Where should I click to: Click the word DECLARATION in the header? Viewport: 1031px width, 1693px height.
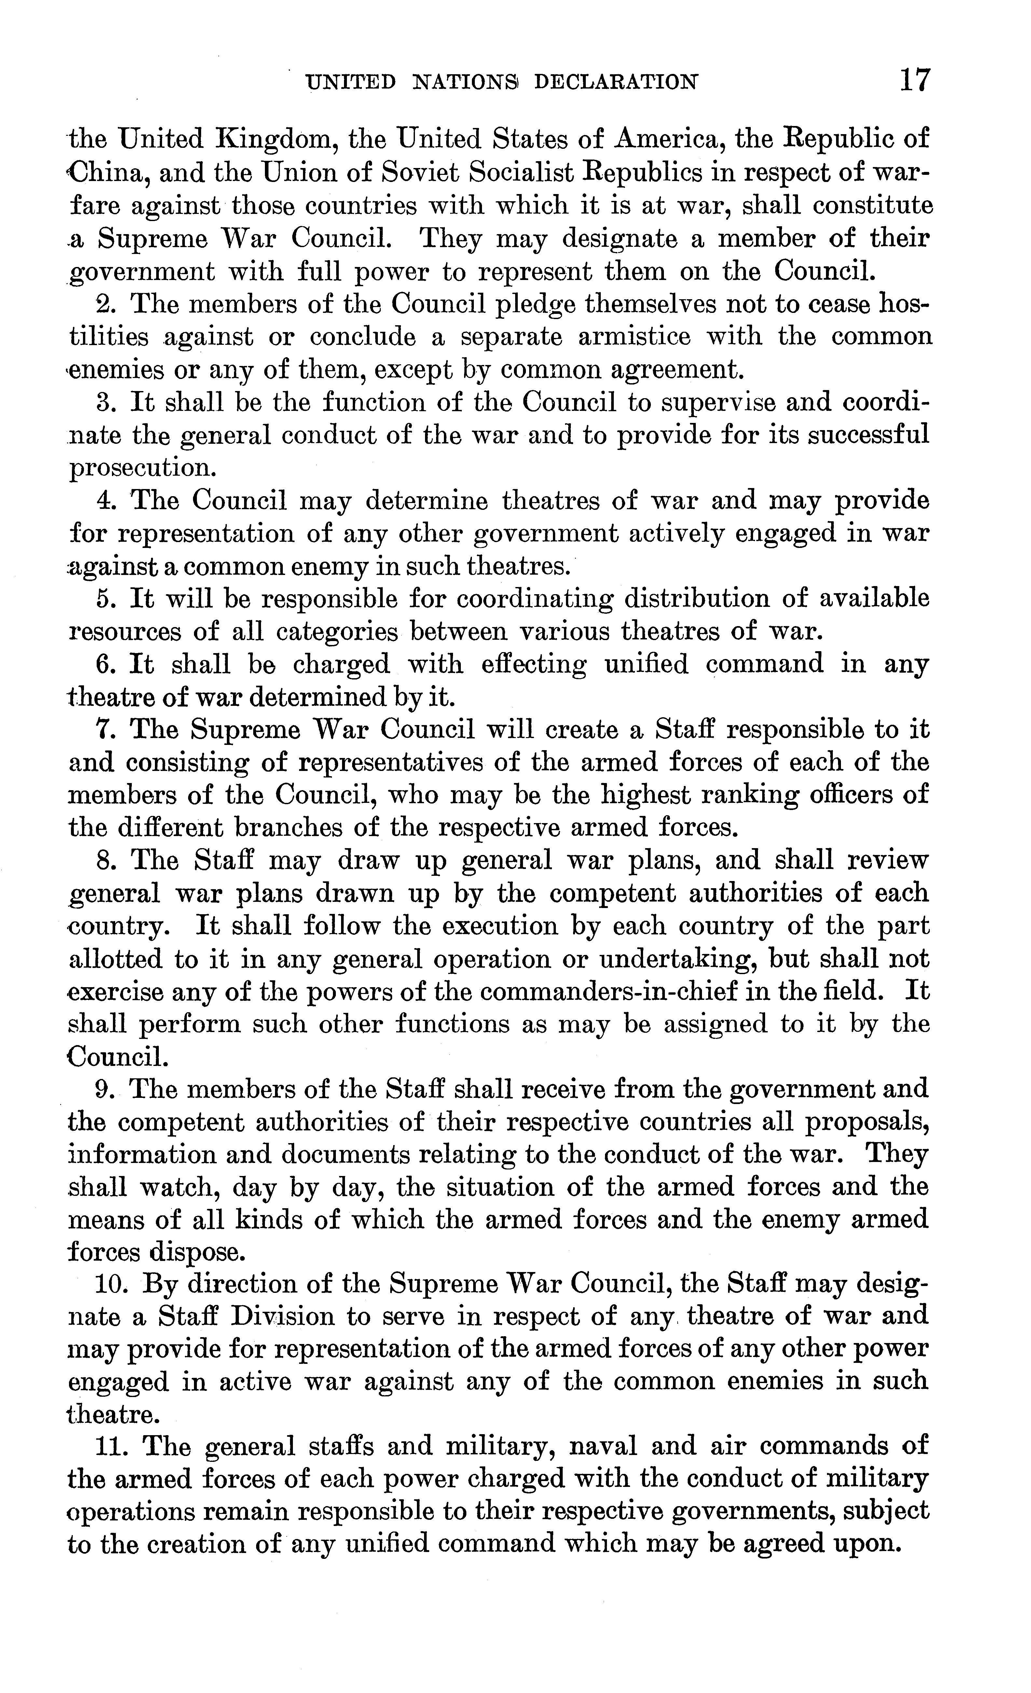(x=616, y=82)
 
